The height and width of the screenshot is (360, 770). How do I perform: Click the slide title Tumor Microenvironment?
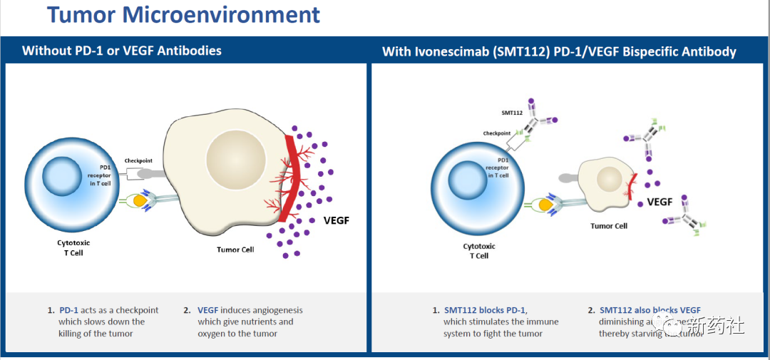point(183,14)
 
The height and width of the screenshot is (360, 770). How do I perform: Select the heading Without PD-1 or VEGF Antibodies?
point(122,51)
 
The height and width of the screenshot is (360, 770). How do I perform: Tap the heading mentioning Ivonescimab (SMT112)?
point(559,51)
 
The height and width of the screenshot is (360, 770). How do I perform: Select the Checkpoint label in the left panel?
point(140,160)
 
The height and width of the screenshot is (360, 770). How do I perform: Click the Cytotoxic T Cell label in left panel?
point(73,247)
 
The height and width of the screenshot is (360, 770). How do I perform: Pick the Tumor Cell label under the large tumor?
point(235,250)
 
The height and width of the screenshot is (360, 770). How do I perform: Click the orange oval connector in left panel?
point(140,203)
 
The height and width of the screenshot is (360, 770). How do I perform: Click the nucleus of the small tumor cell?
point(610,178)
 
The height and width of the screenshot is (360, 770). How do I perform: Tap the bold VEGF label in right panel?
point(659,202)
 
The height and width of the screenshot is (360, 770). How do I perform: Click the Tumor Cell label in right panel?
point(608,226)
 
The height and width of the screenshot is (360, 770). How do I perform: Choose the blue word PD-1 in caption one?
point(69,310)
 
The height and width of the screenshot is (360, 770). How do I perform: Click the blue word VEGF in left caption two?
point(207,310)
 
